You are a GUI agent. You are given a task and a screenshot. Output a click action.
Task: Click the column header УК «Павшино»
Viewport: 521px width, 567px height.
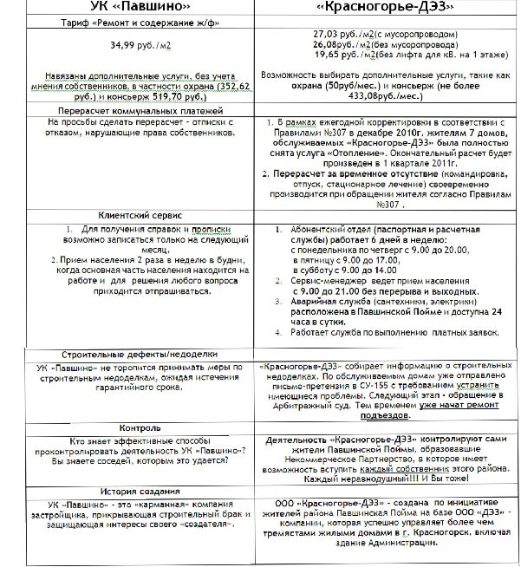(129, 10)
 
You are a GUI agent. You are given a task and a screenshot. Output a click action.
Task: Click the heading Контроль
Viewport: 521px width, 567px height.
(128, 427)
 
